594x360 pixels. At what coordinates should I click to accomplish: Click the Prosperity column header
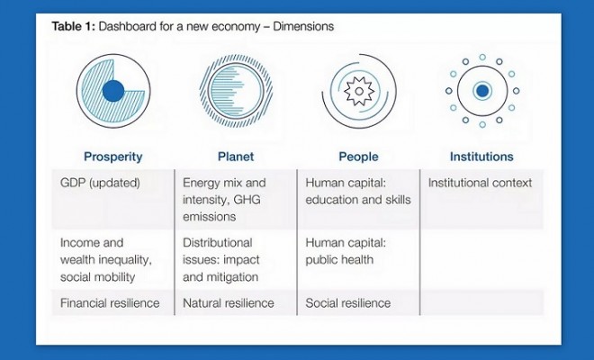pyautogui.click(x=112, y=157)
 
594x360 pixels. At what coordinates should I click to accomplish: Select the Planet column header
pyautogui.click(x=236, y=157)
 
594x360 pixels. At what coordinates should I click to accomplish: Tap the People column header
pyautogui.click(x=358, y=157)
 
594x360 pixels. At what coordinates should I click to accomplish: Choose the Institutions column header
pyautogui.click(x=481, y=157)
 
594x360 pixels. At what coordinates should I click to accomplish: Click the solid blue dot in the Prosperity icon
pyautogui.click(x=113, y=91)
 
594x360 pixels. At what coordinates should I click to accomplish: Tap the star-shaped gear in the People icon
pyautogui.click(x=359, y=91)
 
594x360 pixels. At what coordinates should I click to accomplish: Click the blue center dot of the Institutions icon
pyautogui.click(x=482, y=91)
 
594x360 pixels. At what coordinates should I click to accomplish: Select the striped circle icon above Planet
pyautogui.click(x=236, y=91)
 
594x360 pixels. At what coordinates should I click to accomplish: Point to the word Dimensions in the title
pyautogui.click(x=303, y=26)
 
